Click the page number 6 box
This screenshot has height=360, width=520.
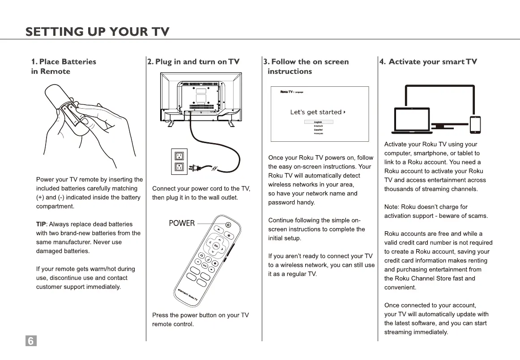coord(31,341)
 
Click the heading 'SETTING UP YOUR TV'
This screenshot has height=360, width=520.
coord(98,31)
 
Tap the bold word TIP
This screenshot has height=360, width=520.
coord(41,224)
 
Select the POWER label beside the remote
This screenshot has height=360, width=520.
coord(182,223)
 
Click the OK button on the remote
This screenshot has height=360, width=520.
coord(216,246)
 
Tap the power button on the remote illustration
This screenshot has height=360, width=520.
coord(228,225)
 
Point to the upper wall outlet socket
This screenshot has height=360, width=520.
coord(179,156)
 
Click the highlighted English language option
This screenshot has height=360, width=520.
coord(318,122)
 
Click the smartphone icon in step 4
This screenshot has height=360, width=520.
coord(475,125)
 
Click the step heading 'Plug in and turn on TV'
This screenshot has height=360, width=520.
coord(193,62)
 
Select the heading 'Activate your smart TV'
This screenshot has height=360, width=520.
coord(428,62)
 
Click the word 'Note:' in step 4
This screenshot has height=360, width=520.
coord(392,207)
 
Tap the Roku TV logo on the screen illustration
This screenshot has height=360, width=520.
coord(286,92)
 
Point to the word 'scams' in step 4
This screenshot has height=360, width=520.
coord(478,216)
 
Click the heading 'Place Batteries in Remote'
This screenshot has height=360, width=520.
coord(64,66)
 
